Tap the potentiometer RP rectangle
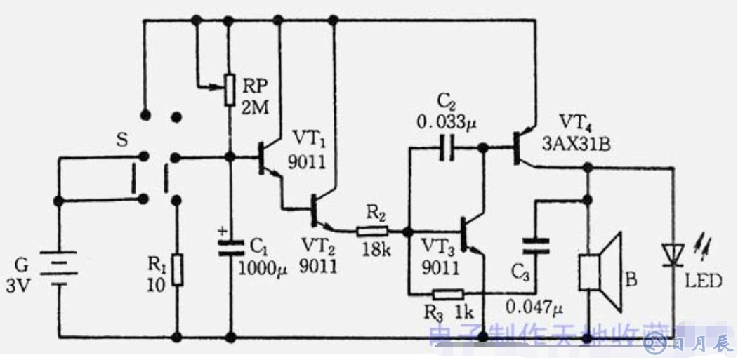[x=230, y=90]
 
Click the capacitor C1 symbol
[x=230, y=246]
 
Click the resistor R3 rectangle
[x=447, y=294]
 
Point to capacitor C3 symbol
[x=535, y=246]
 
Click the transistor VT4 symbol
[x=520, y=147]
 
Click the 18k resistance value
[x=377, y=250]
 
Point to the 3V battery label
[x=20, y=285]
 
